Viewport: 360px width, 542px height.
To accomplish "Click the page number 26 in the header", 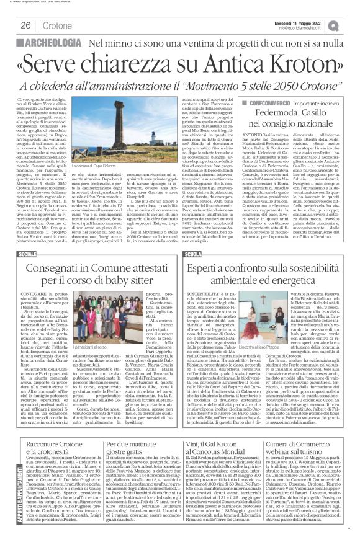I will (x=27, y=25).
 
